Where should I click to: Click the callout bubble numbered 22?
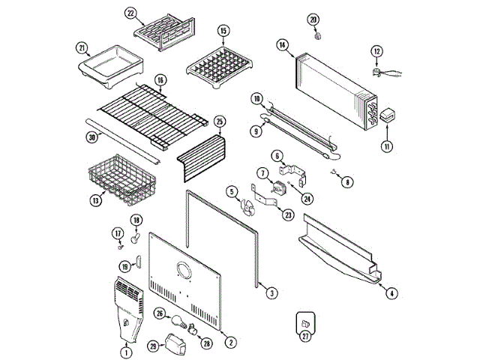point(130,14)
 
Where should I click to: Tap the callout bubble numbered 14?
point(282,46)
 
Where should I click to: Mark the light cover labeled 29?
point(178,343)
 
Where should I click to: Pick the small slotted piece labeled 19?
point(139,260)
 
